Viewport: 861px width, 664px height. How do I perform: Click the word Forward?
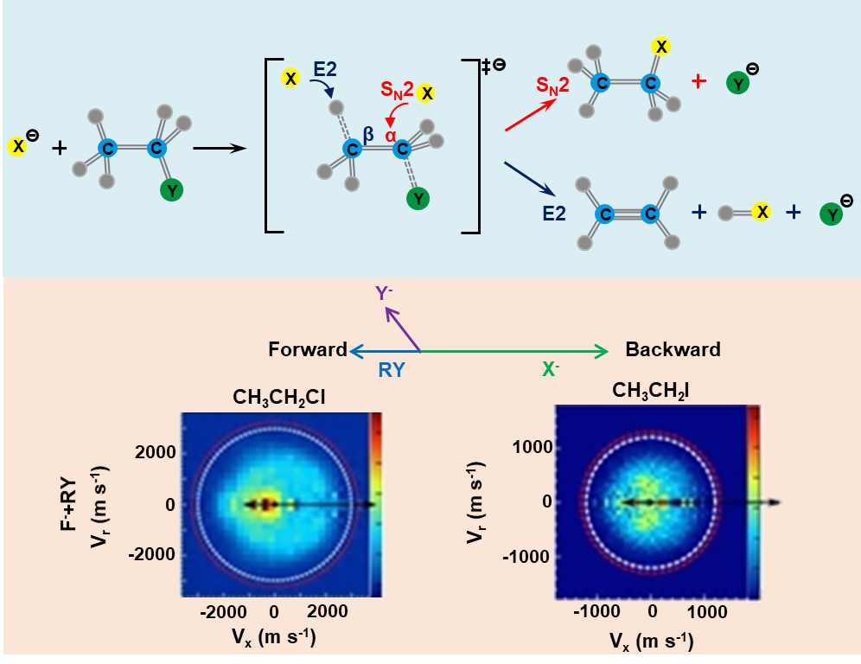coord(307,350)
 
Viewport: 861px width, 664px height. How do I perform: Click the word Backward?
coord(673,350)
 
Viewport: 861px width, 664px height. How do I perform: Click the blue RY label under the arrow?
coord(391,370)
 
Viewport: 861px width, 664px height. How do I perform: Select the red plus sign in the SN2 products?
coord(698,81)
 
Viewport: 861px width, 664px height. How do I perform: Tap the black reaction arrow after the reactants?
coord(220,148)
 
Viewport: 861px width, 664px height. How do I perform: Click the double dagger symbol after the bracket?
coord(487,67)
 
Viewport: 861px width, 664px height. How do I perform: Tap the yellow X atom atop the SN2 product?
coord(661,47)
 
